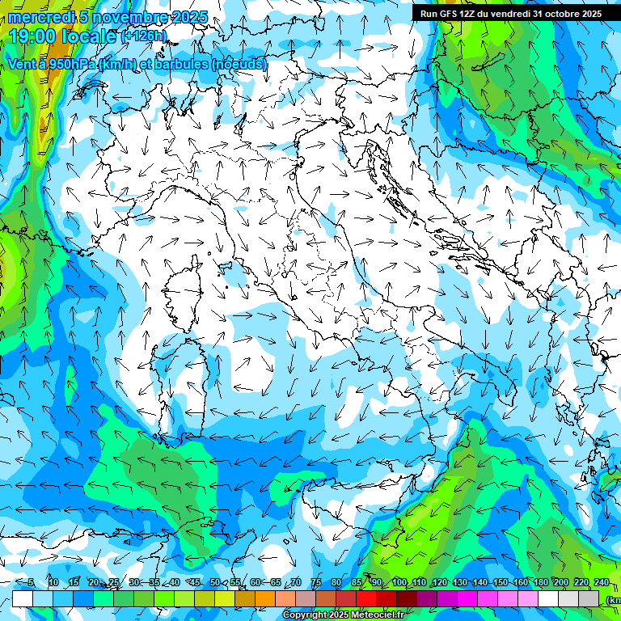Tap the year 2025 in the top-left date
coord(184,17)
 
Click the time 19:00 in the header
coord(35,36)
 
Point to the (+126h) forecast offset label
coord(144,36)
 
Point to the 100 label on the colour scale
coord(399,582)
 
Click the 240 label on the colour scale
coord(601,582)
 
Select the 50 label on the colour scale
coord(215,582)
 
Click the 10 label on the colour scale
coord(53,582)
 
